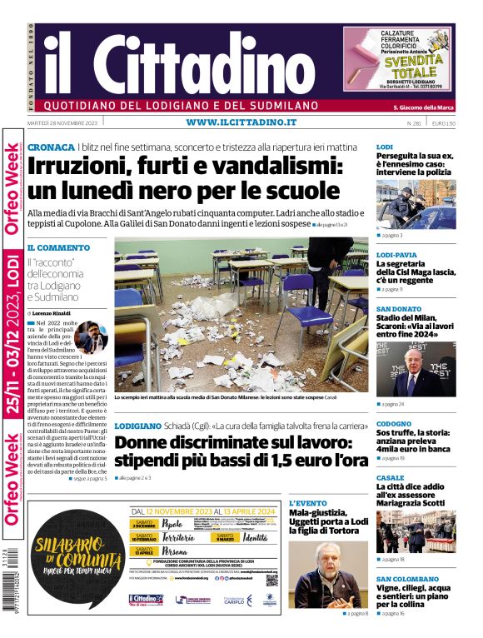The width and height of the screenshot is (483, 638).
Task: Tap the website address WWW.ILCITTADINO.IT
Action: tap(241, 122)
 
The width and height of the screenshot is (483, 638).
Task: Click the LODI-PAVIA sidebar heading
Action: tap(396, 255)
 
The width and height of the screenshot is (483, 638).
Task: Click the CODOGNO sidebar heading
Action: tap(394, 424)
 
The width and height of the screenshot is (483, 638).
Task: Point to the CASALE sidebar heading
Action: tap(390, 478)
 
